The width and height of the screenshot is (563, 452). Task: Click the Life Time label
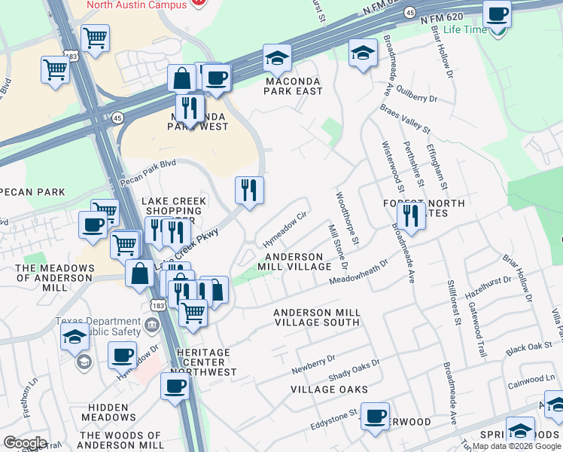click(x=465, y=29)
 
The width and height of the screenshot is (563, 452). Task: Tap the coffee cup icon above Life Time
click(x=497, y=14)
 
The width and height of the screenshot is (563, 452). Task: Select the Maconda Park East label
click(x=293, y=86)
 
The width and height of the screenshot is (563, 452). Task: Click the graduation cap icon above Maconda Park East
click(x=277, y=57)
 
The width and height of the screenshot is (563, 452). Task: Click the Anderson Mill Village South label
click(x=316, y=317)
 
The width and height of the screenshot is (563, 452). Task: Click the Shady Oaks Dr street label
click(x=354, y=370)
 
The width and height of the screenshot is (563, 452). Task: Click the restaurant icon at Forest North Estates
click(x=411, y=215)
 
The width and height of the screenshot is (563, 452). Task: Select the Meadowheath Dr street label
click(x=358, y=272)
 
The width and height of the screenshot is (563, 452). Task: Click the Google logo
click(x=25, y=443)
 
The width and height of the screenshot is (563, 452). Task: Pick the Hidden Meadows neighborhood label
click(x=108, y=411)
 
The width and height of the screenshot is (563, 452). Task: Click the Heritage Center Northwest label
click(x=202, y=362)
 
